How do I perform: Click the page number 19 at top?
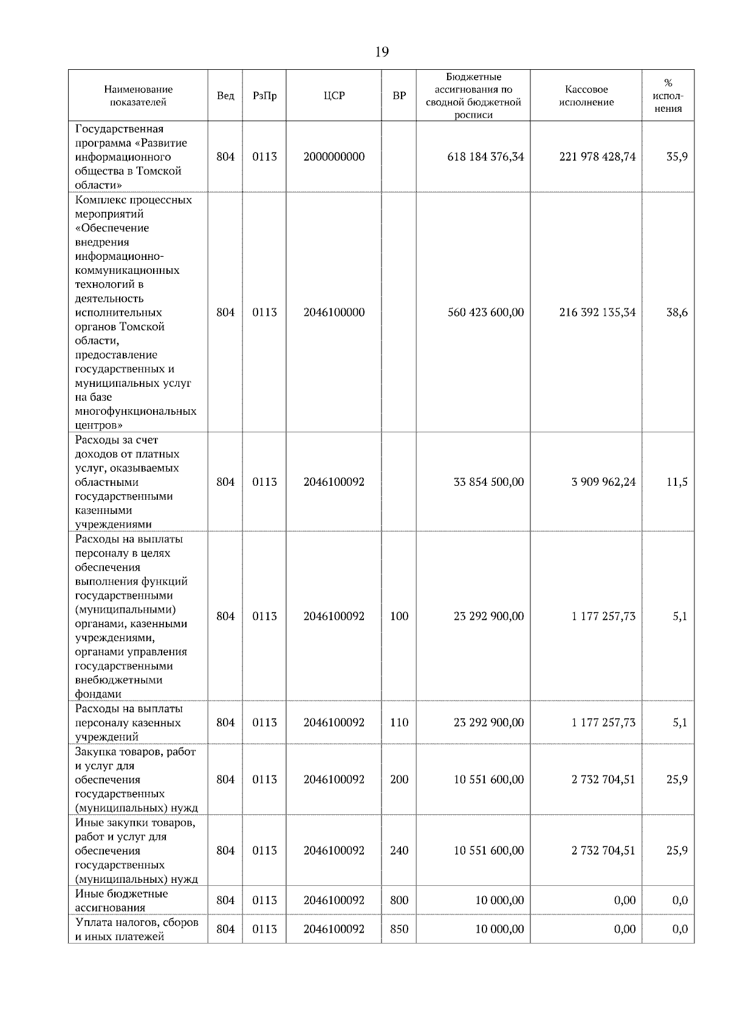click(x=382, y=52)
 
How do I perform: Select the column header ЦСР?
click(x=334, y=96)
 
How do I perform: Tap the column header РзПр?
click(x=264, y=96)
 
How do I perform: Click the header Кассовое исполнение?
click(x=586, y=96)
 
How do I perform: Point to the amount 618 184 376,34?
click(x=485, y=157)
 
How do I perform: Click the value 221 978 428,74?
click(x=597, y=157)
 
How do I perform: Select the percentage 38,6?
click(x=677, y=313)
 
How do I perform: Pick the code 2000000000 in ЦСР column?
click(x=334, y=157)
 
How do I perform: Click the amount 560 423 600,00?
click(x=485, y=313)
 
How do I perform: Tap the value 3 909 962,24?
click(x=603, y=482)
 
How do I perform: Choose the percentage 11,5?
click(x=677, y=482)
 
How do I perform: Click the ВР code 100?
click(x=399, y=616)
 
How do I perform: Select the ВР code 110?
click(x=399, y=723)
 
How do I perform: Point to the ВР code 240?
click(x=399, y=851)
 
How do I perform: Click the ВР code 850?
click(x=399, y=929)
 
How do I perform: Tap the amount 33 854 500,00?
click(x=488, y=482)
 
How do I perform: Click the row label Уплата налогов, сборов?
click(x=137, y=923)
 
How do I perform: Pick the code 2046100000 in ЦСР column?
click(x=334, y=313)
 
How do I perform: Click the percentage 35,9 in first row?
click(x=677, y=157)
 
